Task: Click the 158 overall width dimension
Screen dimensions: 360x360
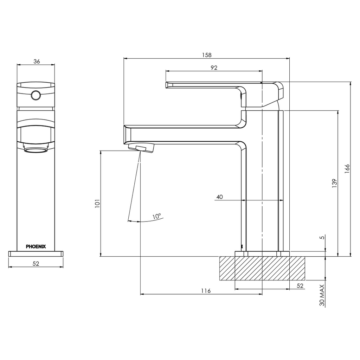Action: coord(207,55)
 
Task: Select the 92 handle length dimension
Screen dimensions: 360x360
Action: coord(214,68)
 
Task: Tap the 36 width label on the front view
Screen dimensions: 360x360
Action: coord(36,61)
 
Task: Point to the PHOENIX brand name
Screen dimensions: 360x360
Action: coord(36,246)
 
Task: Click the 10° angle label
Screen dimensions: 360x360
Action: coord(156,216)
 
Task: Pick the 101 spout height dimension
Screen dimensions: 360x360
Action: coord(97,204)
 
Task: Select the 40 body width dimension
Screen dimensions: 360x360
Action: coord(219,197)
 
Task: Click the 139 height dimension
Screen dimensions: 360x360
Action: coord(334,183)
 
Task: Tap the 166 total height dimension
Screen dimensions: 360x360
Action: coord(347,169)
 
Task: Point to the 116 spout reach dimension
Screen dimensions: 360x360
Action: coord(206,290)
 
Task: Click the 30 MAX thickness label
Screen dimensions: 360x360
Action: coord(322,296)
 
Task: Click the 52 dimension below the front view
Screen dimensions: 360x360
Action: coord(36,264)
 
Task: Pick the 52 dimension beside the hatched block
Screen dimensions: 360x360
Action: coord(300,286)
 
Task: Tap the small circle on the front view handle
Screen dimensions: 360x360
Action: coord(36,95)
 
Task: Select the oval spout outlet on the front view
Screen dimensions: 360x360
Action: coord(36,151)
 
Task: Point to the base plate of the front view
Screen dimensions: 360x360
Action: coord(36,254)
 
